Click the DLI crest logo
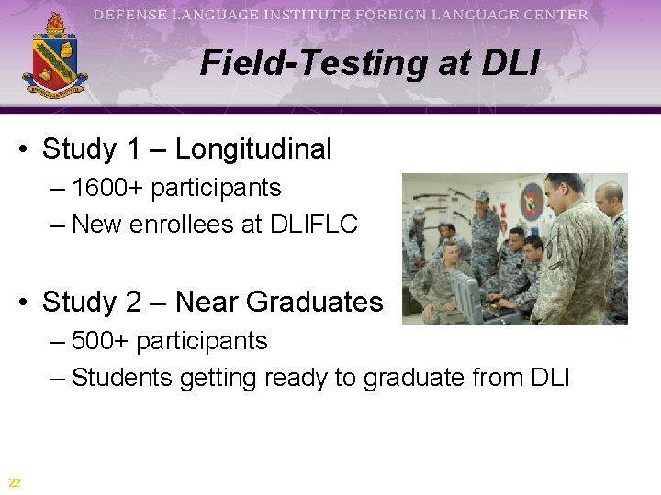click(55, 57)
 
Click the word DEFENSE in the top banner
click(134, 15)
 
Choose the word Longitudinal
click(253, 148)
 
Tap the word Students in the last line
click(121, 377)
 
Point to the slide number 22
click(15, 482)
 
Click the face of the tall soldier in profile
click(554, 200)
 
